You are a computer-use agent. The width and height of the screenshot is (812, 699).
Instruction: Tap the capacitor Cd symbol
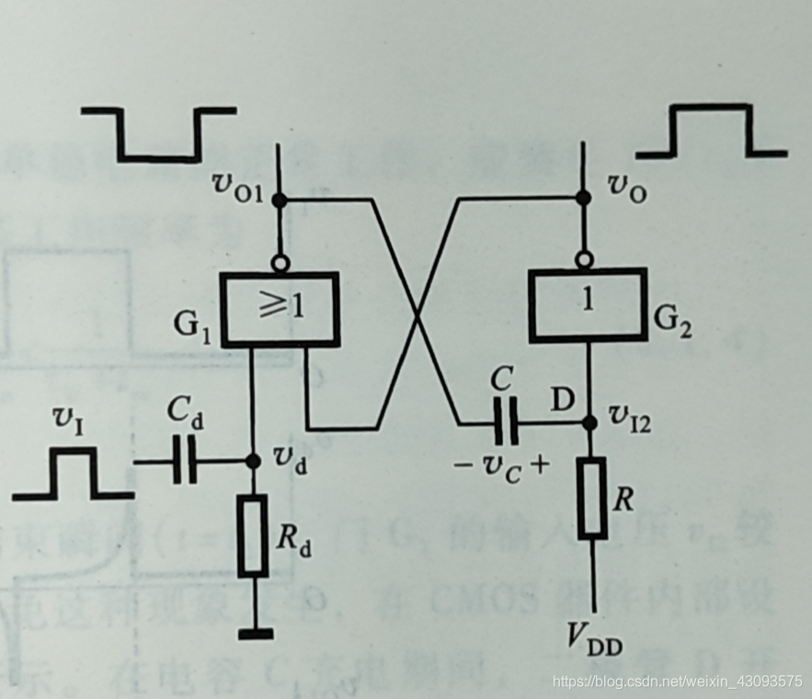pos(184,463)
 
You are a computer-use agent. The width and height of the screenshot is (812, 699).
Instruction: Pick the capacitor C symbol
pos(506,424)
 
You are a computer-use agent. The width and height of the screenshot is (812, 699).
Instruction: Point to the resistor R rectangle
pos(592,498)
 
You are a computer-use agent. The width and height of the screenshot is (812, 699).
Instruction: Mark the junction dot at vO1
pos(281,199)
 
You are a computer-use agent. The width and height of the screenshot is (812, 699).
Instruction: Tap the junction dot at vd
pos(251,463)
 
